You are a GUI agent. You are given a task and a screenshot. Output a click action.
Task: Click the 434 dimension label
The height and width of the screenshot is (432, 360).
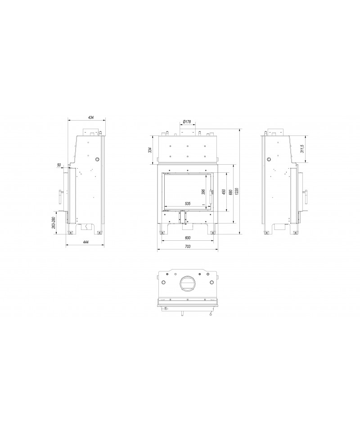(91, 117)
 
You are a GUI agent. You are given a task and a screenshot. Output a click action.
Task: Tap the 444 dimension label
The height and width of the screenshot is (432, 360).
(85, 242)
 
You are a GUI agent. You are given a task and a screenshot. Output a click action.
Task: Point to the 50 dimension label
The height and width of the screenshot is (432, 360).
(58, 165)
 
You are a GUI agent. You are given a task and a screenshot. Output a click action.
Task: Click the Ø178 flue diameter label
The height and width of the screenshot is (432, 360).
(187, 121)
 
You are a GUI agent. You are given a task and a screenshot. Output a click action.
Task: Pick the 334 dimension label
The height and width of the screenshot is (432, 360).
(150, 150)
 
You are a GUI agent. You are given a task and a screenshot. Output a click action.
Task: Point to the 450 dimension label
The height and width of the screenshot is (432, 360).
(224, 192)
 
